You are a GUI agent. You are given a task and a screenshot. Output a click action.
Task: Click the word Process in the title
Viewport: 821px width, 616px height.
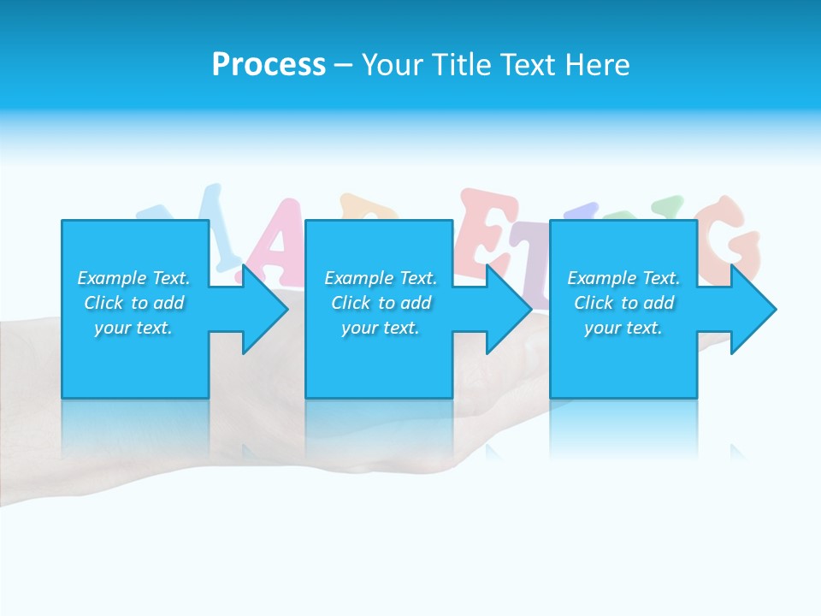(269, 65)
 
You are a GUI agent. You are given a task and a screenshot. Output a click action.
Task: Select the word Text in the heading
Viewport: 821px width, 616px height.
(528, 65)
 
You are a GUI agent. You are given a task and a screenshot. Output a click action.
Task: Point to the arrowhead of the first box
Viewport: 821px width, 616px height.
(265, 309)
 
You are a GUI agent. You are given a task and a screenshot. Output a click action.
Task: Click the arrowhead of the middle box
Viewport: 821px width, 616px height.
(510, 309)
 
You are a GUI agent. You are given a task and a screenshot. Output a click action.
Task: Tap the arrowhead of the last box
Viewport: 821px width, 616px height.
(753, 309)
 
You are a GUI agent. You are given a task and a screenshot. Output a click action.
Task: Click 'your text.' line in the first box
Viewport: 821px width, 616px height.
(133, 328)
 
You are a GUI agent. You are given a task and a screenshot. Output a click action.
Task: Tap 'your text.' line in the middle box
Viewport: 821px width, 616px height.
(381, 328)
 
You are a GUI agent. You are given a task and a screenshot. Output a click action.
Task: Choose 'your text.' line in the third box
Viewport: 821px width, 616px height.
(623, 328)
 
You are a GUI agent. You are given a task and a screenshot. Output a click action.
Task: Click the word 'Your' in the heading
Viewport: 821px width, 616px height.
(392, 65)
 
